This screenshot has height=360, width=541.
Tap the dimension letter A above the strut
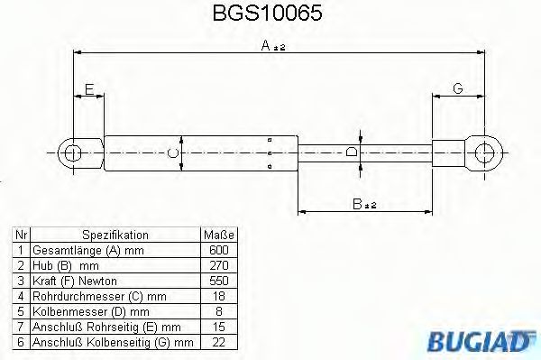[x=266, y=46]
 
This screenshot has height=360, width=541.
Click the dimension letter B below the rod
[x=358, y=206]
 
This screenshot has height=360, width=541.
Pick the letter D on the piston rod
[x=352, y=152]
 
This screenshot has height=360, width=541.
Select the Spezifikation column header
[x=115, y=235]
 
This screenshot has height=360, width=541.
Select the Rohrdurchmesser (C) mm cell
[x=99, y=296]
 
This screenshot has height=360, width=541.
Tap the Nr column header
[x=21, y=235]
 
